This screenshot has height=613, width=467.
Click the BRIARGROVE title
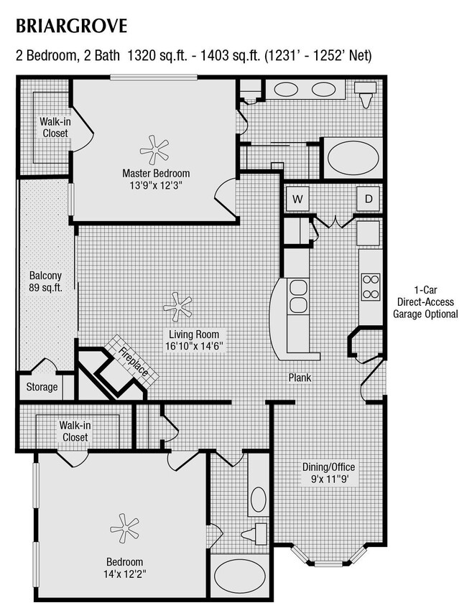point(71,27)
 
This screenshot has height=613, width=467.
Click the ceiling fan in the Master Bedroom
point(154,149)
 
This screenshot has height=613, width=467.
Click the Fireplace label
point(134,363)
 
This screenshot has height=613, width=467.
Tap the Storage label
point(42,388)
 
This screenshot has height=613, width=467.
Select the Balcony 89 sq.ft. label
point(45,281)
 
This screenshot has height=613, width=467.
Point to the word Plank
point(300,378)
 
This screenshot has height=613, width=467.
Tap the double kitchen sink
point(297,296)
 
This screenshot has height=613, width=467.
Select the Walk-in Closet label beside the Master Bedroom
point(55,128)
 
